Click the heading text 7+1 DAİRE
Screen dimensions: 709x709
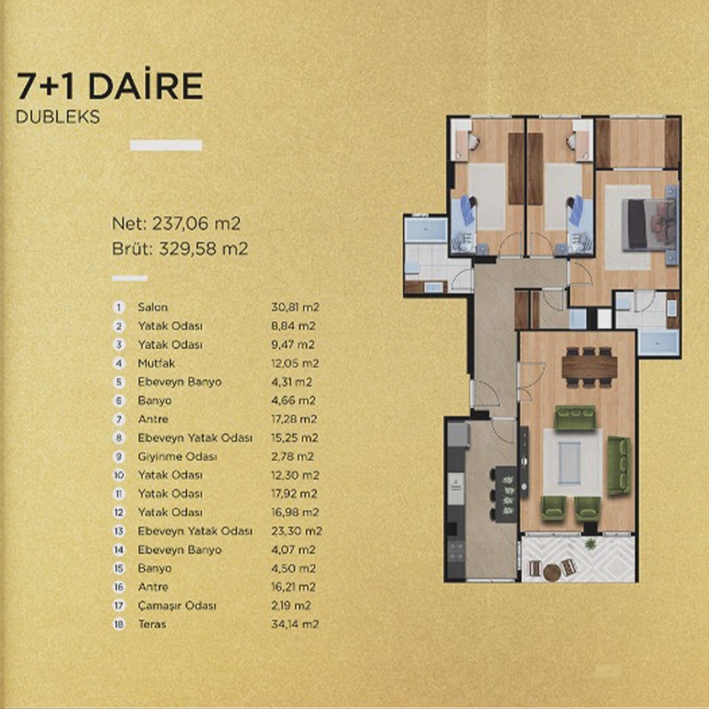110,86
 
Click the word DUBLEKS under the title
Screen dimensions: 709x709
58,117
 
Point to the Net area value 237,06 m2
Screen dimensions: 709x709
196,223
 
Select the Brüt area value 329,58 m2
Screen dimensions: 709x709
204,249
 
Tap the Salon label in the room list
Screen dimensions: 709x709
153,307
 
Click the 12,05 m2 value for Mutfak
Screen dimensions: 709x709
295,364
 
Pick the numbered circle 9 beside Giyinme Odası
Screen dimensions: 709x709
118,457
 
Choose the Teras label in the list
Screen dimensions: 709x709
152,624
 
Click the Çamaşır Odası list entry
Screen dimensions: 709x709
177,606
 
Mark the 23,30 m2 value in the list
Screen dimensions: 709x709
297,531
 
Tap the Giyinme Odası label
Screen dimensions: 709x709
177,457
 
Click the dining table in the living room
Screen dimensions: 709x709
589,367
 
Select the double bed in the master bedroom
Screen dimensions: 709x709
650,225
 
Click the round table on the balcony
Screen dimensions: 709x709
552,572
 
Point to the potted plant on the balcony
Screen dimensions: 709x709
590,544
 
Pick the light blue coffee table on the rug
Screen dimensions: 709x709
569,463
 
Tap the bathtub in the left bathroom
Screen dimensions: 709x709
426,230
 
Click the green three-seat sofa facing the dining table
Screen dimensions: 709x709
574,418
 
